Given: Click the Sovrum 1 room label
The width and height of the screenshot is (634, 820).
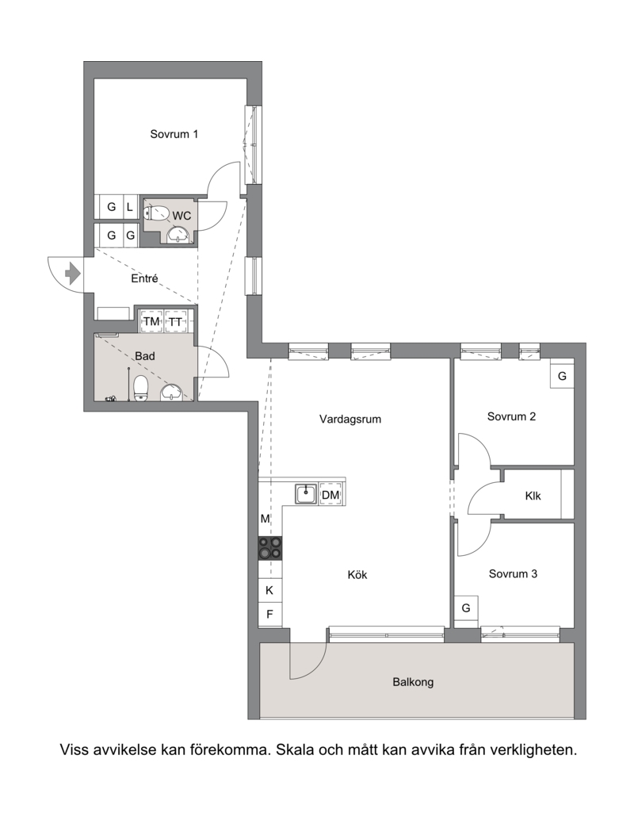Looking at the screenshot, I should coord(174,134).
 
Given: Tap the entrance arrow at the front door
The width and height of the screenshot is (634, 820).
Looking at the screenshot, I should coord(72,274).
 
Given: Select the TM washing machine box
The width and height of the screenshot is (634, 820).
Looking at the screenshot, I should coord(151,322).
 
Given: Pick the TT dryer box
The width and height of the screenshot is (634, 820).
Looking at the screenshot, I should coord(175,322).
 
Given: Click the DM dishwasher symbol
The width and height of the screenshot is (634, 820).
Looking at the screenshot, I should coord(330,495).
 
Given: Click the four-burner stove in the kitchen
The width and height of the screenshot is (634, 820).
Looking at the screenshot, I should coord(270,547).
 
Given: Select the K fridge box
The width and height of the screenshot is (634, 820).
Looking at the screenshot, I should coord(270,590).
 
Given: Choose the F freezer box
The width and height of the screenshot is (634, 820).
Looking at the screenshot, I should coord(270,614).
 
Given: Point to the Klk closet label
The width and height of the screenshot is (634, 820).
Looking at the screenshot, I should coord(533,496).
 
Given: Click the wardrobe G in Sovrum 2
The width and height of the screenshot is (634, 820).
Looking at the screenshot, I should coord(562,376).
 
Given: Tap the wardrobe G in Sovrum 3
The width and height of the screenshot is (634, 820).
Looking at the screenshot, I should coord(466,608).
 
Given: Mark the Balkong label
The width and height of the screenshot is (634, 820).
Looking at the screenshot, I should coord(413,681).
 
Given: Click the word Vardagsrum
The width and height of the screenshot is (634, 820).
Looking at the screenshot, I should coord(350,419).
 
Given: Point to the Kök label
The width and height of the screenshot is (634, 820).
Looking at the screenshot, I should coord(357,575).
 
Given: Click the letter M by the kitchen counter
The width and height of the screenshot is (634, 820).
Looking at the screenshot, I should coord(266,519).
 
